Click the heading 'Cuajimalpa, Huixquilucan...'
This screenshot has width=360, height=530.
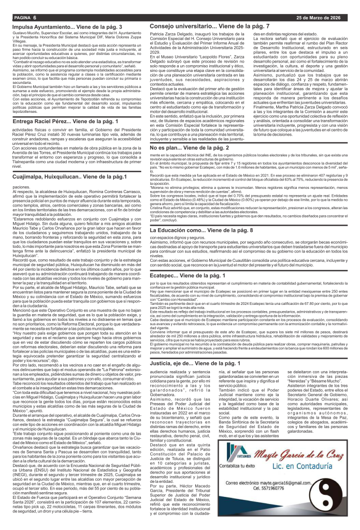(67, 177)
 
